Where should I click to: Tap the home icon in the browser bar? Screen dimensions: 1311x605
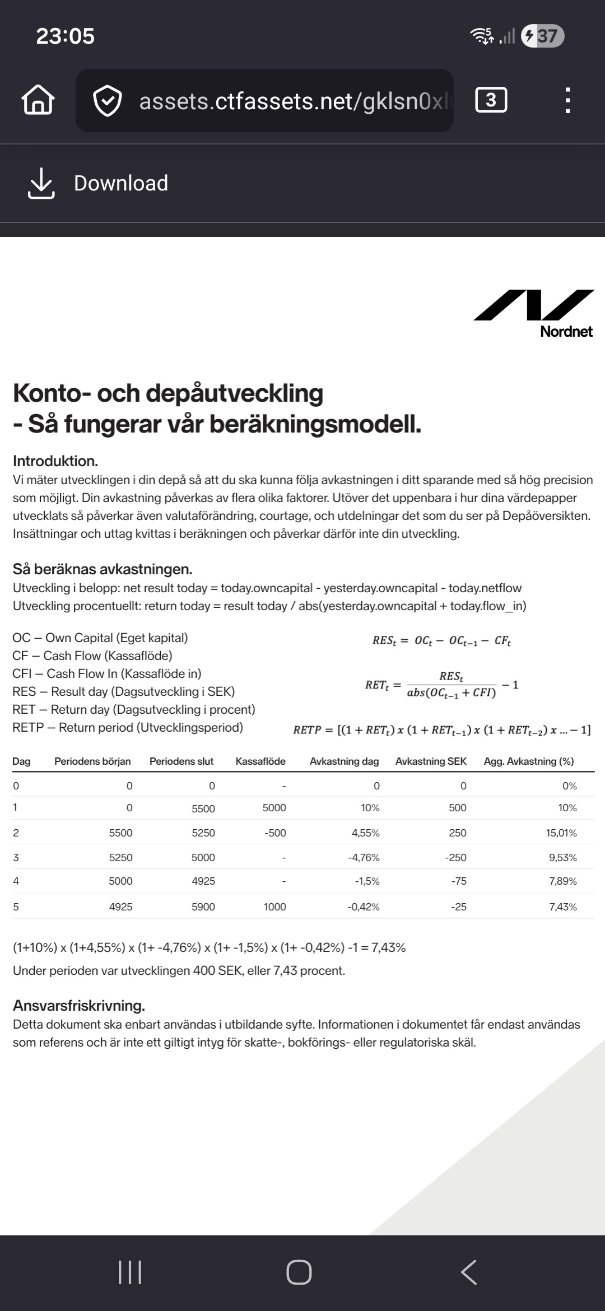pyautogui.click(x=38, y=101)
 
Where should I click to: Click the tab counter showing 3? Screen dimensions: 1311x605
pyautogui.click(x=491, y=100)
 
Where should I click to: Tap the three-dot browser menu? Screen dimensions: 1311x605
pyautogui.click(x=567, y=101)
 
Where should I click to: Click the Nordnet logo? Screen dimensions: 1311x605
pyautogui.click(x=534, y=314)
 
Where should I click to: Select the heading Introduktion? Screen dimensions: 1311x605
pyautogui.click(x=55, y=461)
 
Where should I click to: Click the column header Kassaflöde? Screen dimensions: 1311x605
pyautogui.click(x=260, y=761)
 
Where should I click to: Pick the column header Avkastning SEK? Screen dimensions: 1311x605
pyautogui.click(x=431, y=761)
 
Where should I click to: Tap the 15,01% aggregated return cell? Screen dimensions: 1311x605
pyautogui.click(x=561, y=833)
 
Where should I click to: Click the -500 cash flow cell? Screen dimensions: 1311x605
pyautogui.click(x=275, y=833)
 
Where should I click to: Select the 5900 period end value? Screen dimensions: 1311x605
pyautogui.click(x=203, y=907)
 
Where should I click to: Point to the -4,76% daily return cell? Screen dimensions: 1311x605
pyautogui.click(x=364, y=858)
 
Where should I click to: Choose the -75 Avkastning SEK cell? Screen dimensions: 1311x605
pyautogui.click(x=459, y=881)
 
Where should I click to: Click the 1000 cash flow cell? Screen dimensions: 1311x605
pyautogui.click(x=275, y=907)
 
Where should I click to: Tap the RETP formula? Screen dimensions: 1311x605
pyautogui.click(x=441, y=730)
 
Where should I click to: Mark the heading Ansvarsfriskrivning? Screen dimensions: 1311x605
pyautogui.click(x=79, y=1006)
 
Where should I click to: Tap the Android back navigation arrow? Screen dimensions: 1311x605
pyautogui.click(x=469, y=1272)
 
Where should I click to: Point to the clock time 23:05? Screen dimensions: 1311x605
pyautogui.click(x=66, y=36)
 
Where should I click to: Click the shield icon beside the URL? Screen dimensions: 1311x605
pyautogui.click(x=107, y=101)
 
